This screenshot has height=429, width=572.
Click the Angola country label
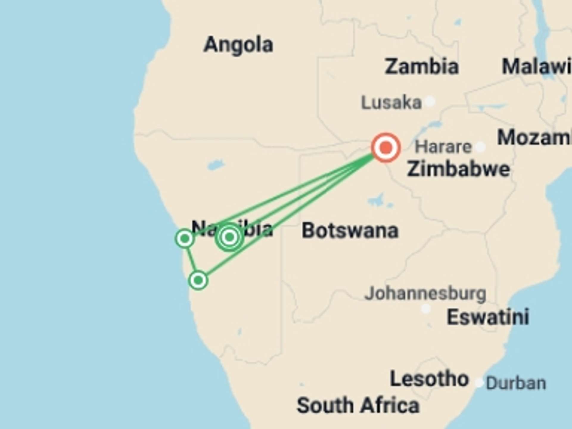pyautogui.click(x=238, y=45)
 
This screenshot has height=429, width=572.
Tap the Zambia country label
pyautogui.click(x=422, y=66)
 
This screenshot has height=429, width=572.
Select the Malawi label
pyautogui.click(x=536, y=66)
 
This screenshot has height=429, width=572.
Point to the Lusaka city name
pyautogui.click(x=391, y=102)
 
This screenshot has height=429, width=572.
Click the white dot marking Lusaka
pyautogui.click(x=430, y=102)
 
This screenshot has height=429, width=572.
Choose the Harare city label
pyautogui.click(x=443, y=147)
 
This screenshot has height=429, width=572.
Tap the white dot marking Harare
pyautogui.click(x=480, y=147)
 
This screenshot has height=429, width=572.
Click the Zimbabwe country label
pyautogui.click(x=458, y=169)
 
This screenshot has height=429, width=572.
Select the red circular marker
pyautogui.click(x=386, y=147)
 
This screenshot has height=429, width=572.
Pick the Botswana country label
pyautogui.click(x=350, y=231)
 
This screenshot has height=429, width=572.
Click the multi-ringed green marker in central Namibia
pyautogui.click(x=229, y=237)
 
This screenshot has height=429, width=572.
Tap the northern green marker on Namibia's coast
pyautogui.click(x=185, y=238)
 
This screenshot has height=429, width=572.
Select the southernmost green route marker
pyautogui.click(x=198, y=280)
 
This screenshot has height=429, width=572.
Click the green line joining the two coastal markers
pyautogui.click(x=191, y=259)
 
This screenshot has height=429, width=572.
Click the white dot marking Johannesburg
pyautogui.click(x=426, y=309)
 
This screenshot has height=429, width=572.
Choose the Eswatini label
pyautogui.click(x=488, y=317)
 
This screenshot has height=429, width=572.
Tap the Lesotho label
pyautogui.click(x=429, y=379)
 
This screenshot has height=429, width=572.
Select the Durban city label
pyautogui.click(x=516, y=383)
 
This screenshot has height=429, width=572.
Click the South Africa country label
pyautogui.click(x=358, y=405)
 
